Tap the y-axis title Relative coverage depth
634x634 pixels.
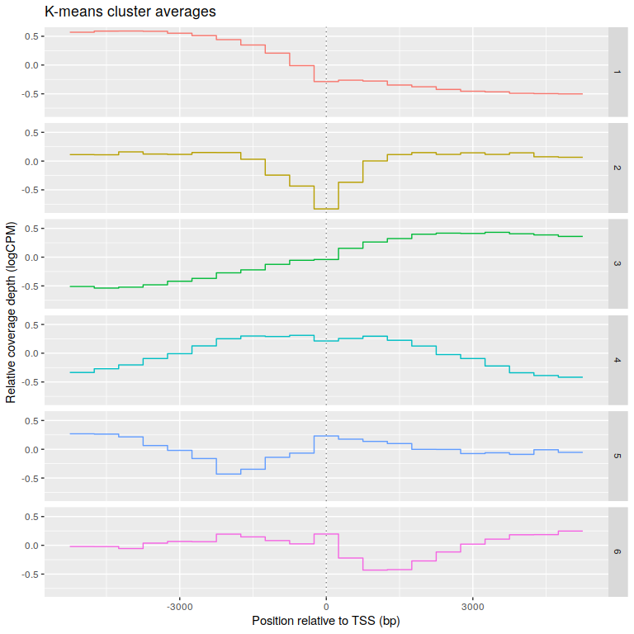(11, 312)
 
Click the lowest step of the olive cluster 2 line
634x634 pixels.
(326, 209)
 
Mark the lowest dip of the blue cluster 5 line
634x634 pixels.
(228, 474)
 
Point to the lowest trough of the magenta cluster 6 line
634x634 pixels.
(375, 570)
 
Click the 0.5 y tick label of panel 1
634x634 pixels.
(32, 36)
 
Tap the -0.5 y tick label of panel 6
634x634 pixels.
(31, 575)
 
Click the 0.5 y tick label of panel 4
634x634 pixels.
(32, 324)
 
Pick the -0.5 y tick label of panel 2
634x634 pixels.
(31, 190)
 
